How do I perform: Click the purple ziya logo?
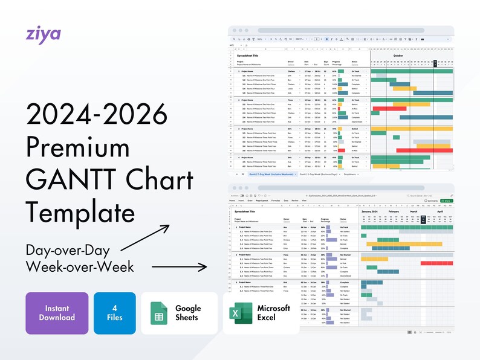click(x=44, y=33)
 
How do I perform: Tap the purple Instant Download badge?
click(x=57, y=313)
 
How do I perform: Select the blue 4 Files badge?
click(x=114, y=313)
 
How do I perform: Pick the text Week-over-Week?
click(x=80, y=266)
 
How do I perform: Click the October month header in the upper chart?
click(x=398, y=55)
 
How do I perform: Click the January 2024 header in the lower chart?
click(x=374, y=211)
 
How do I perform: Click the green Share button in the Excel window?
click(x=447, y=201)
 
